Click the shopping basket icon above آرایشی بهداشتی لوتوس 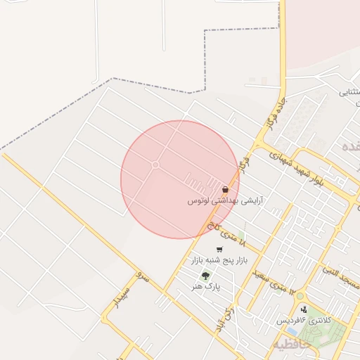click(225, 190)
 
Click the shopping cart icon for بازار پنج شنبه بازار click(220, 250)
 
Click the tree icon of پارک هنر click(205, 276)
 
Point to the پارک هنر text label click(209, 287)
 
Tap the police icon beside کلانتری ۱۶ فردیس click(304, 309)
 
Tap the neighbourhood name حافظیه click(290, 344)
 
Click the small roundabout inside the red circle click(155, 165)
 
